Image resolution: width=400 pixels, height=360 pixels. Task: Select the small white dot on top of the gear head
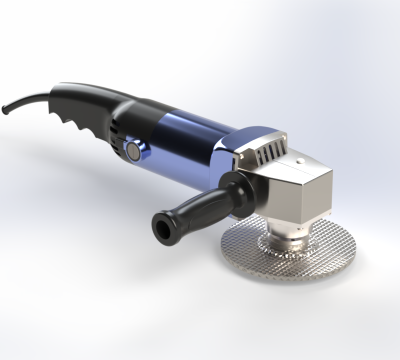(x=300, y=161)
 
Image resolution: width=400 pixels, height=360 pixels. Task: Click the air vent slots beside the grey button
(x=116, y=132)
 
